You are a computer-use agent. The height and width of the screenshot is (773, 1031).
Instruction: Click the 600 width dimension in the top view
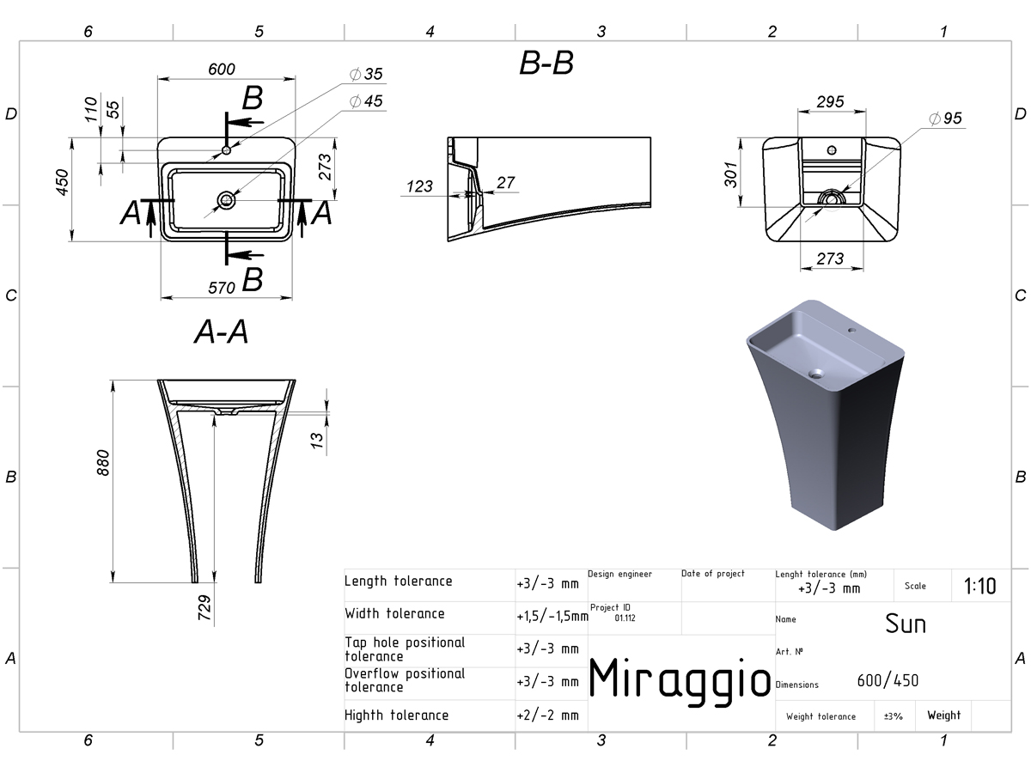(221, 70)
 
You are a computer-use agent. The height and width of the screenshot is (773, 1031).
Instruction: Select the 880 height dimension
(103, 463)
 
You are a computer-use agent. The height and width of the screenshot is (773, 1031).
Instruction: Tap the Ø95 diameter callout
(946, 119)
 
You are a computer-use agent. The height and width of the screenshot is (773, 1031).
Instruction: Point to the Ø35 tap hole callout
(366, 74)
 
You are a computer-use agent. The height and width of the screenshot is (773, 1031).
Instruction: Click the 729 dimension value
(204, 607)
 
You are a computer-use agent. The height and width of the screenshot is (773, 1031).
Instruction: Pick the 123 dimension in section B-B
(419, 186)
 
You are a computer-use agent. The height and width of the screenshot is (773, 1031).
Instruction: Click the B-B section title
(546, 63)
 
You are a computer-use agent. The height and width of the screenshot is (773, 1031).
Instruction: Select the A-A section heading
(221, 332)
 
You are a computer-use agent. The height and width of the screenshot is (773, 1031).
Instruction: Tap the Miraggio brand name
(680, 679)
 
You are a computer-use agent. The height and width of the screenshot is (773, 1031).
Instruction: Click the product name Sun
(905, 624)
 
